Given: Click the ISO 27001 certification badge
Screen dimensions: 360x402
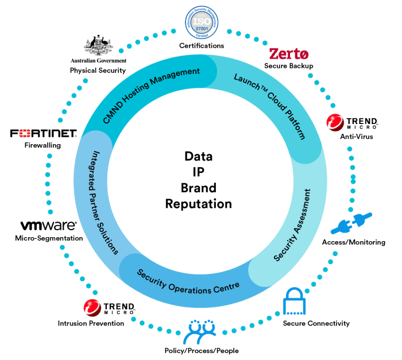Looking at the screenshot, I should click(x=202, y=23).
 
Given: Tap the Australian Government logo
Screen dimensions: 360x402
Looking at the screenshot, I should click(x=98, y=48).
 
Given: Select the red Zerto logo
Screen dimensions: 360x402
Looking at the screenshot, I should click(x=289, y=54).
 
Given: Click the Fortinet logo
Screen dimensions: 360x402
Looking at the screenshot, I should click(x=43, y=134).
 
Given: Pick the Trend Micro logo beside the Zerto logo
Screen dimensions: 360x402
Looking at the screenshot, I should click(x=352, y=122).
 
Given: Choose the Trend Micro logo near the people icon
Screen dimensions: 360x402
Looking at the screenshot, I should click(x=109, y=308).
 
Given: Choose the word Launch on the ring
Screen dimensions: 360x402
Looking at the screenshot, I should click(x=244, y=81).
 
